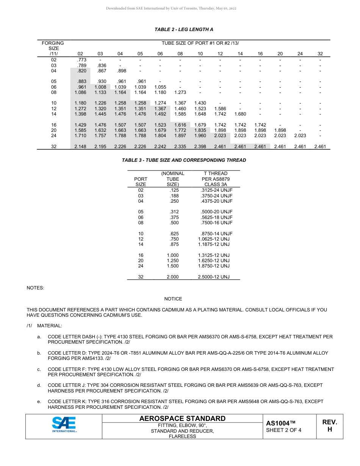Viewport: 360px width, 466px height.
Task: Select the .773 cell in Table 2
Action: point(81,60)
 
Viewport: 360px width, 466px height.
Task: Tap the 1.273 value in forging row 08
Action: point(180,92)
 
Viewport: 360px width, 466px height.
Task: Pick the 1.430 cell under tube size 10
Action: point(200,103)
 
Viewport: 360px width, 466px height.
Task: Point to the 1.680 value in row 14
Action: point(240,114)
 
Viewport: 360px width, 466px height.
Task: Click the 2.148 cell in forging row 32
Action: point(80,147)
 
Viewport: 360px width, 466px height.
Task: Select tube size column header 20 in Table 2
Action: point(280,54)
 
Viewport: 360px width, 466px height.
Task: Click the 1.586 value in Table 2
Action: point(220,108)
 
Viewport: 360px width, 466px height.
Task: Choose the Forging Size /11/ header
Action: point(53,48)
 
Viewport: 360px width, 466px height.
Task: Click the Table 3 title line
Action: point(184,160)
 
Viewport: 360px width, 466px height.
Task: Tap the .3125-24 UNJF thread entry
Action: point(216,190)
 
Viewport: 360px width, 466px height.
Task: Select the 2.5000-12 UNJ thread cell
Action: point(214,277)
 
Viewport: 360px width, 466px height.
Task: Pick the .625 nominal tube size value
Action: point(174,234)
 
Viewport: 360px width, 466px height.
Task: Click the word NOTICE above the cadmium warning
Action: point(173,299)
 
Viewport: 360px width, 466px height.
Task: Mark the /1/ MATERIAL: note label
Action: point(44,326)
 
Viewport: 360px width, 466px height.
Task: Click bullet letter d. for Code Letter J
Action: point(39,385)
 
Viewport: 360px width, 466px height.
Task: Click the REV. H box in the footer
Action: point(329,426)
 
